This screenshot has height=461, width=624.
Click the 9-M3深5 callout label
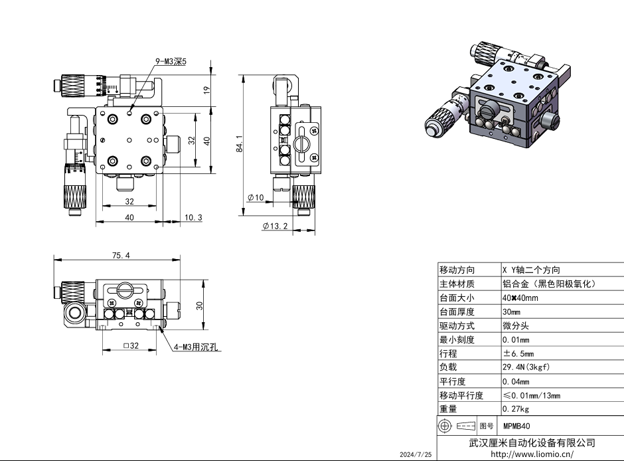(171, 62)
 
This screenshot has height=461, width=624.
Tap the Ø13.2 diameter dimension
(275, 227)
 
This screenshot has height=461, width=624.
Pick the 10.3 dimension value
(193, 218)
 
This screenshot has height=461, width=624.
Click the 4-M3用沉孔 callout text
(197, 347)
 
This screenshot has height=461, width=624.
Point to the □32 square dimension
(129, 345)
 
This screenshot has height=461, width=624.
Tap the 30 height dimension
(198, 305)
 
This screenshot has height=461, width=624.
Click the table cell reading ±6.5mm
(520, 353)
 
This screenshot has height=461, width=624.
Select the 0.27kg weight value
(516, 409)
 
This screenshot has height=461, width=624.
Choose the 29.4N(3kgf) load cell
(526, 367)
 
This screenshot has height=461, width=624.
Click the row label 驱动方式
(457, 326)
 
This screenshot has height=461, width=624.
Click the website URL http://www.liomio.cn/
(531, 454)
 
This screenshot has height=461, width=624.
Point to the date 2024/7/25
(416, 454)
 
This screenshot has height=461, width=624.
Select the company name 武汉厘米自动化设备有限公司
(532, 442)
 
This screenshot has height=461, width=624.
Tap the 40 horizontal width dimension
(129, 218)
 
